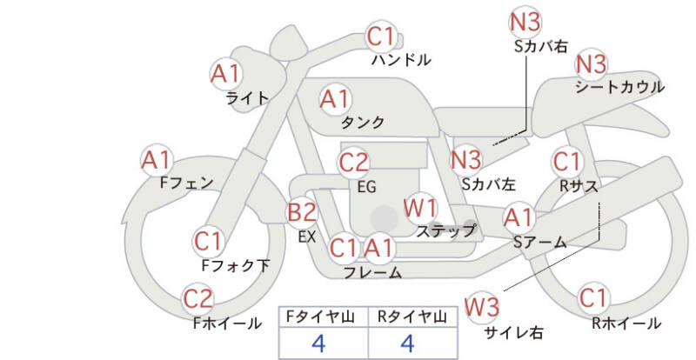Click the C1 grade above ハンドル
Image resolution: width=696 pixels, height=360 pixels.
point(381,37)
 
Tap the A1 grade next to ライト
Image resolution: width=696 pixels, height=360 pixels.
point(225,74)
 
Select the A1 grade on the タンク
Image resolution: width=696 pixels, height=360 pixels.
point(336,99)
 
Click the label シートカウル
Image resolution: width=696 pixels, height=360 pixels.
point(620,87)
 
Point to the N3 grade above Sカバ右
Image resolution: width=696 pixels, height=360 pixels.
point(525,23)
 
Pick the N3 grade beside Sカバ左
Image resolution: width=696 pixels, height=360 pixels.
point(466,160)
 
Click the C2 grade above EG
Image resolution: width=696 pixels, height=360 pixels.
point(354,163)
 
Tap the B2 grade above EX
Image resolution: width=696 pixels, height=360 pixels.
point(302,212)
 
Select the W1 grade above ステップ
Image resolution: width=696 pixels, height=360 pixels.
point(420,208)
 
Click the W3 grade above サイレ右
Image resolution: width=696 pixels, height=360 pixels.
point(482,307)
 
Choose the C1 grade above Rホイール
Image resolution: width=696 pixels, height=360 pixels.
point(593,298)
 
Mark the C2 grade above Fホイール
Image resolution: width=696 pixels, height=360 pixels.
point(198,299)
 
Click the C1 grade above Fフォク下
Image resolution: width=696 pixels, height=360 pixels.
point(208,242)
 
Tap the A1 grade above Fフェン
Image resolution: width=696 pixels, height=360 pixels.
point(157,160)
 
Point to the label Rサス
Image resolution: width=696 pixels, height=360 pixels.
point(579,186)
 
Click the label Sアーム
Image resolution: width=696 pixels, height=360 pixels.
point(539,242)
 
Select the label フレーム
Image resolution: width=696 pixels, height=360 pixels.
point(372,272)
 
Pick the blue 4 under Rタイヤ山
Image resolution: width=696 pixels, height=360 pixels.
point(407,343)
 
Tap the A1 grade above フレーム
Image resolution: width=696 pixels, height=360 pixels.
point(379,248)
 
